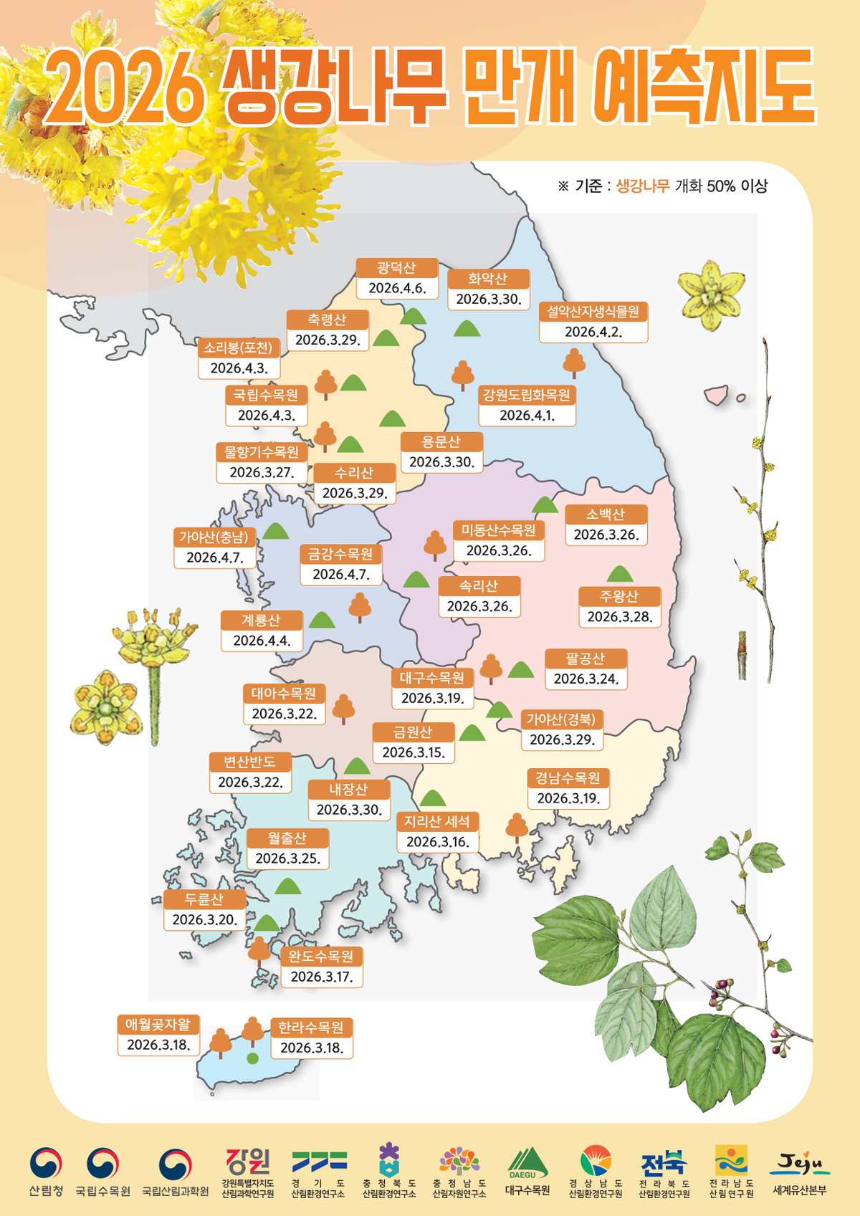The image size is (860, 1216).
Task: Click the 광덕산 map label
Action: [x=396, y=268]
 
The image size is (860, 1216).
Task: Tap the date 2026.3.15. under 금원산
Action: [x=414, y=752]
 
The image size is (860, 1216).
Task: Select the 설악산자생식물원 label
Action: [x=593, y=312]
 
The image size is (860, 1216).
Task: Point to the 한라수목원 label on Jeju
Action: [x=311, y=1028]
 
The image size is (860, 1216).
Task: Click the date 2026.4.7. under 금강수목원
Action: [x=340, y=575]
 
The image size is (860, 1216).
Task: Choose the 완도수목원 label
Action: [x=321, y=957]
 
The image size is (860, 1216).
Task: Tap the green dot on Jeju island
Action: [x=252, y=1058]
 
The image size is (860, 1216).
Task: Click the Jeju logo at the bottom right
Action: [x=799, y=1164]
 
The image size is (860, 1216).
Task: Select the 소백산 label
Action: [x=606, y=514]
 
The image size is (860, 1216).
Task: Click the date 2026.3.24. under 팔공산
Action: [x=586, y=679]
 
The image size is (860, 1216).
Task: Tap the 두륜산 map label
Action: [x=204, y=899]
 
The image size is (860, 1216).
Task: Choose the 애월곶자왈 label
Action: [x=158, y=1025]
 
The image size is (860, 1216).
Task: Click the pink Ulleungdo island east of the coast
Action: [x=716, y=395]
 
